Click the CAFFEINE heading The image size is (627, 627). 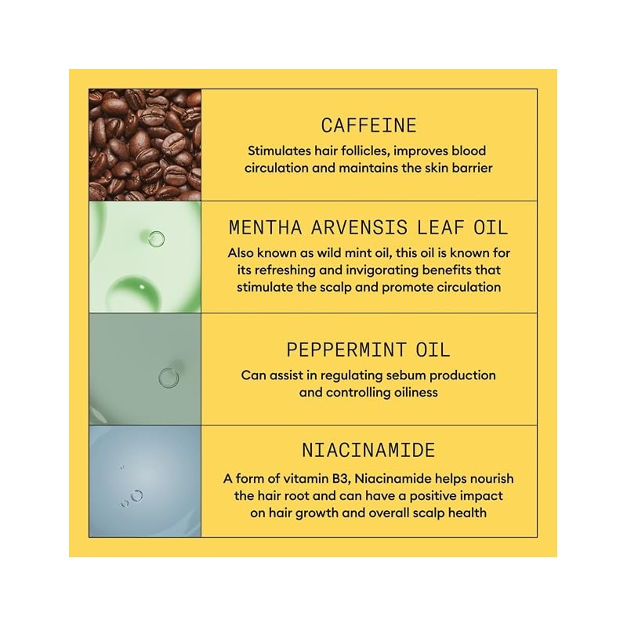[368, 125]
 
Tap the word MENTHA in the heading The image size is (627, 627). [265, 228]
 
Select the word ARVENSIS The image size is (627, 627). [359, 228]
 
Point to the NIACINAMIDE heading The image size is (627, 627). [368, 450]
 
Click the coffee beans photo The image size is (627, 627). [145, 145]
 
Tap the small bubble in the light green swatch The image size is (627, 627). [156, 239]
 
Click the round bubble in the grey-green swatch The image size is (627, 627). [169, 378]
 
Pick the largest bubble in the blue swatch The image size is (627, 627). [136, 495]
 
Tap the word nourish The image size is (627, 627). [491, 479]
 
